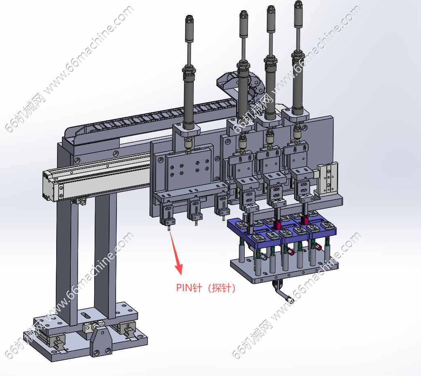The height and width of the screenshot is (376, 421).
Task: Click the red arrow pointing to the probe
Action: pyautogui.click(x=176, y=253)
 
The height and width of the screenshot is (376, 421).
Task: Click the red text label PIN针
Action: pyautogui.click(x=189, y=288)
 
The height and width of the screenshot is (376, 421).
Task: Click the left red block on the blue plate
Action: pyautogui.click(x=277, y=225)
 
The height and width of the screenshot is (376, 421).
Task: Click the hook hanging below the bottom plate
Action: pyautogui.click(x=281, y=290)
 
